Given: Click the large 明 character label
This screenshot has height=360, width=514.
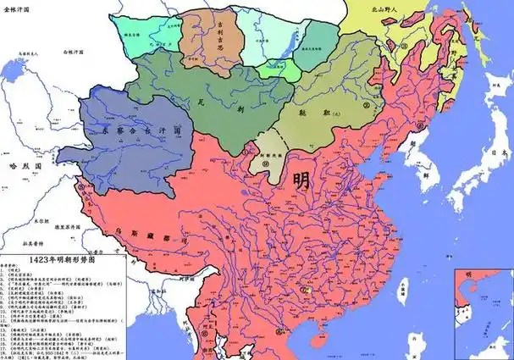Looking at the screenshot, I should [x=301, y=181].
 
